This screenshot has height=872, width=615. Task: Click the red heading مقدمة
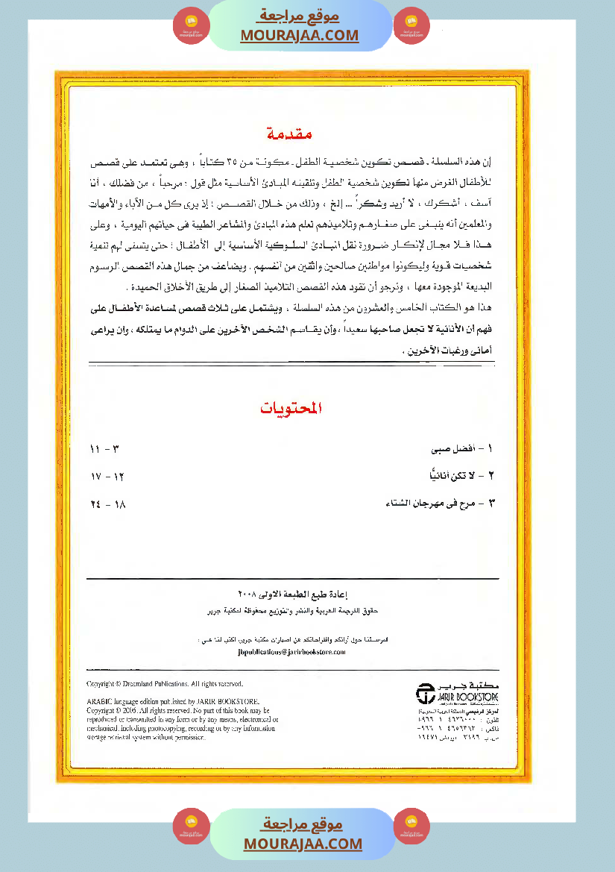click(x=288, y=134)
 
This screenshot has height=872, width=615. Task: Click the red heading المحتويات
click(x=291, y=408)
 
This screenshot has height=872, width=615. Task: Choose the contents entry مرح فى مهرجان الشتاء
click(x=436, y=503)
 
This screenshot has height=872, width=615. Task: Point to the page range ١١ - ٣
click(x=104, y=449)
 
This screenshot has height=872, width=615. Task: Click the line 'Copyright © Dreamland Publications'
click(x=165, y=683)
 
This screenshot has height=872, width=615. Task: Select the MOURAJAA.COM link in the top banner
click(x=300, y=35)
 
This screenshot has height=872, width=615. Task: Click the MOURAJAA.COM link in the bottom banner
click(x=303, y=844)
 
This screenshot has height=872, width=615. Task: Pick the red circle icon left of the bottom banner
click(x=192, y=826)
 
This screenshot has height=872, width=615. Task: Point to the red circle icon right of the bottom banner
click(x=411, y=826)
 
